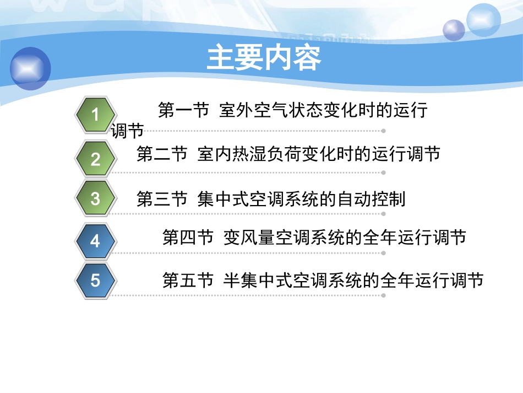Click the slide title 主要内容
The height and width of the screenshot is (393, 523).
pyautogui.click(x=264, y=58)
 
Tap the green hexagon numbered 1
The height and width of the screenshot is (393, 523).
pyautogui.click(x=95, y=115)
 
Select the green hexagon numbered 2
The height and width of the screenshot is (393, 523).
pyautogui.click(x=95, y=159)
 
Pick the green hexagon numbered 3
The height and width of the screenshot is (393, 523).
pyautogui.click(x=95, y=198)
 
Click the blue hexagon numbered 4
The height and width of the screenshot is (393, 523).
pyautogui.click(x=95, y=241)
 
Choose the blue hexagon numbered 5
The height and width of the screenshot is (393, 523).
pyautogui.click(x=95, y=281)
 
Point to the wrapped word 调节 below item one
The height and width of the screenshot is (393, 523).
pyautogui.click(x=127, y=131)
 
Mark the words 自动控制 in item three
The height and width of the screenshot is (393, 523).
pyautogui.click(x=380, y=198)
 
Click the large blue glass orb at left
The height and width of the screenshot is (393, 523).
pyautogui.click(x=30, y=68)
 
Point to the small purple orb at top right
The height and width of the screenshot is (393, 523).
pyautogui.click(x=454, y=30)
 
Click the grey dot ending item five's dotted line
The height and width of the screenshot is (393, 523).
pyautogui.click(x=383, y=295)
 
